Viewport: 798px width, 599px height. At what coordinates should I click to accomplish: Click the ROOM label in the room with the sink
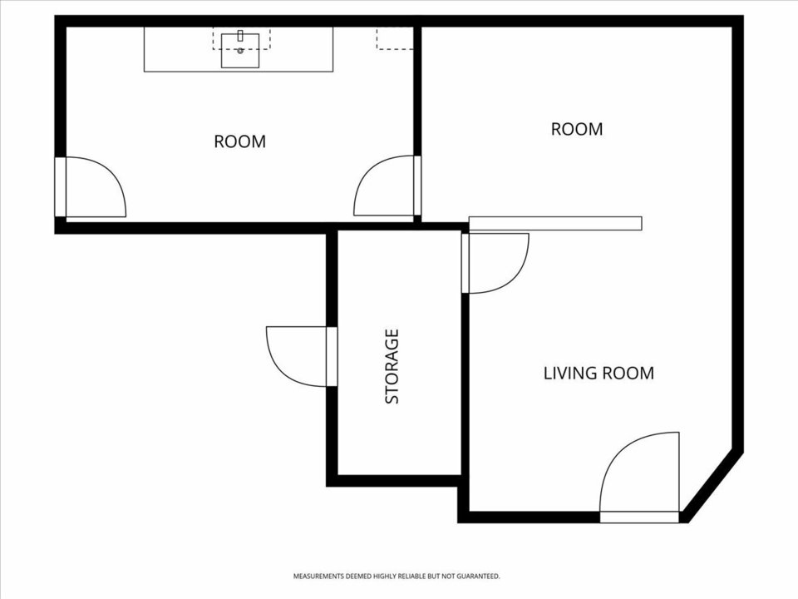(x=239, y=141)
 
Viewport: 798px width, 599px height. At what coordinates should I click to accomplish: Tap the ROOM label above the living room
(x=577, y=129)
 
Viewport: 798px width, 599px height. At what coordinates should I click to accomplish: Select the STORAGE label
(x=392, y=367)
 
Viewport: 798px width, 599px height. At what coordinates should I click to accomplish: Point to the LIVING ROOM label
(x=598, y=373)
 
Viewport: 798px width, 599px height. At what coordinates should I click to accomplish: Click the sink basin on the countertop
(x=240, y=51)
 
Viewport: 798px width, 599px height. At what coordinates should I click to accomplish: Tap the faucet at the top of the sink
(x=240, y=36)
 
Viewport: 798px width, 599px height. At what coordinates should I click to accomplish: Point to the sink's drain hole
(x=240, y=51)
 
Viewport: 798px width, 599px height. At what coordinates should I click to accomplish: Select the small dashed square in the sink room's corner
(x=394, y=38)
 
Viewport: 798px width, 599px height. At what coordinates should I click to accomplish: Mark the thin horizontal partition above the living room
(x=555, y=223)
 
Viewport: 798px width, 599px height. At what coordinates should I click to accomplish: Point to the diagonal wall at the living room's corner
(x=712, y=487)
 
